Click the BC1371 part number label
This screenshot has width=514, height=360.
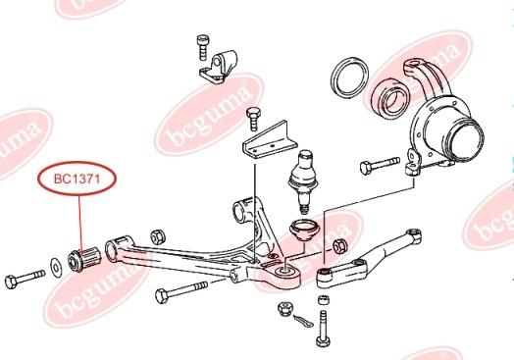tap(77, 179)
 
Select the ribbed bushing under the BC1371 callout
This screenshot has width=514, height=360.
tap(84, 258)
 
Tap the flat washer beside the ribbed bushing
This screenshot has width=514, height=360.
tap(56, 268)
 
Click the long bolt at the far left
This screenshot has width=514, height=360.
tap(25, 279)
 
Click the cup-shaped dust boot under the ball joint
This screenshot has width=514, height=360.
tap(304, 231)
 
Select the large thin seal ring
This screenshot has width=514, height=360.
tap(349, 77)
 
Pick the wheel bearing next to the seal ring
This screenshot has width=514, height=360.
tap(391, 95)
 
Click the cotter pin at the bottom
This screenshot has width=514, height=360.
tap(303, 321)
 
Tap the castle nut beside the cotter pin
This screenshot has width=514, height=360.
tap(284, 310)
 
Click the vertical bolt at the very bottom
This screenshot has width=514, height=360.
tap(324, 329)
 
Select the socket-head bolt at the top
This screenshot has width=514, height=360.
tap(203, 47)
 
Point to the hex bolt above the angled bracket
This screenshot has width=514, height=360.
tap(254, 119)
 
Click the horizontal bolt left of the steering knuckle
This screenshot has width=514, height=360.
tap(380, 166)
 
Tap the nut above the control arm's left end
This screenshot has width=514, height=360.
tap(158, 236)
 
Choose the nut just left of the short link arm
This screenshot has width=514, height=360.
tap(340, 247)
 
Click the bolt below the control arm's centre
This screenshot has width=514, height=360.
tap(181, 292)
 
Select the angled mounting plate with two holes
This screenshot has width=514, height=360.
tap(270, 140)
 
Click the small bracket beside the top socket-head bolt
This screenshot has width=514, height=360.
tap(219, 68)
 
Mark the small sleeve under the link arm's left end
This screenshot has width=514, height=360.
tap(324, 300)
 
